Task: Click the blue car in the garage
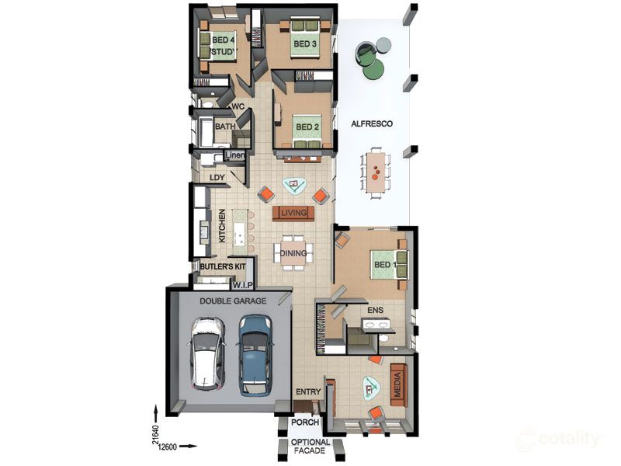coord(255,356)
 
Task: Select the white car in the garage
coord(207,354)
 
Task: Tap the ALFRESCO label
coord(372,123)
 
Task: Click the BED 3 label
coord(304,43)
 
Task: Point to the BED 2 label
coord(307,127)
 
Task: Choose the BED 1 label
coord(385,264)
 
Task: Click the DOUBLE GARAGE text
coord(233,301)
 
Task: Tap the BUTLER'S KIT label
coord(223,266)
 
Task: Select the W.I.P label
coord(242,285)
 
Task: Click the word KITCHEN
coord(222,226)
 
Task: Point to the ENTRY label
coord(308,391)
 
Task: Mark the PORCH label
coord(305,423)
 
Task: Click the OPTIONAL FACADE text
coord(310,446)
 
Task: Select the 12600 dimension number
coord(167,447)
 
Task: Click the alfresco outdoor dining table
coord(376,172)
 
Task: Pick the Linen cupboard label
coord(235,155)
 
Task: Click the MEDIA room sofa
coord(398,385)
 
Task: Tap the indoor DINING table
coord(293,253)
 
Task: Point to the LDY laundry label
coord(217,178)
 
